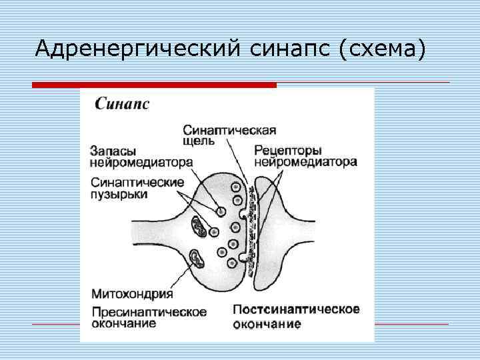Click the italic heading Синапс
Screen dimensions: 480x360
click(x=121, y=104)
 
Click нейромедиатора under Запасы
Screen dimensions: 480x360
click(x=141, y=162)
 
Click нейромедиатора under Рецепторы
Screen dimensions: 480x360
click(x=305, y=161)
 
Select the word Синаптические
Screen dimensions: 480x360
click(x=137, y=182)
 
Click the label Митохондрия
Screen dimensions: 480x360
click(x=131, y=294)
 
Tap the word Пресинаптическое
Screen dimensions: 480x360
click(x=148, y=312)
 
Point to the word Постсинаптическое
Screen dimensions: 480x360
click(x=297, y=309)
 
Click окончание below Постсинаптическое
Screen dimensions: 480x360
click(x=267, y=325)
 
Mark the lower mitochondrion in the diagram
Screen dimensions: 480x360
click(x=197, y=257)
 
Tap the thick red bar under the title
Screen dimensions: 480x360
click(x=154, y=85)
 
